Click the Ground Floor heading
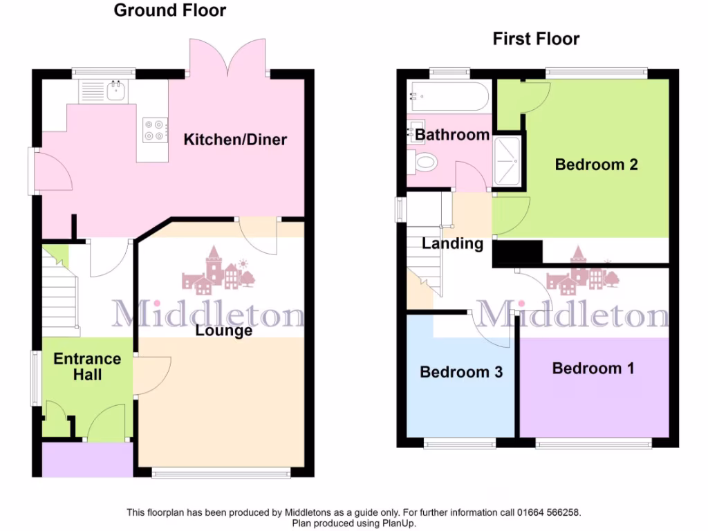[169, 10]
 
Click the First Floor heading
[536, 39]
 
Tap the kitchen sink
[110, 91]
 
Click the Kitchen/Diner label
[235, 140]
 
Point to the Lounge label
[223, 331]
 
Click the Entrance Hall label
[87, 366]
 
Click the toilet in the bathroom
[425, 164]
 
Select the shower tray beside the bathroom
[510, 160]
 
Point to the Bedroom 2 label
[596, 165]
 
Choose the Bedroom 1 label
[593, 368]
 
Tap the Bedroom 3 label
[461, 372]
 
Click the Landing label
[452, 243]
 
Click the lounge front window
[221, 474]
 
